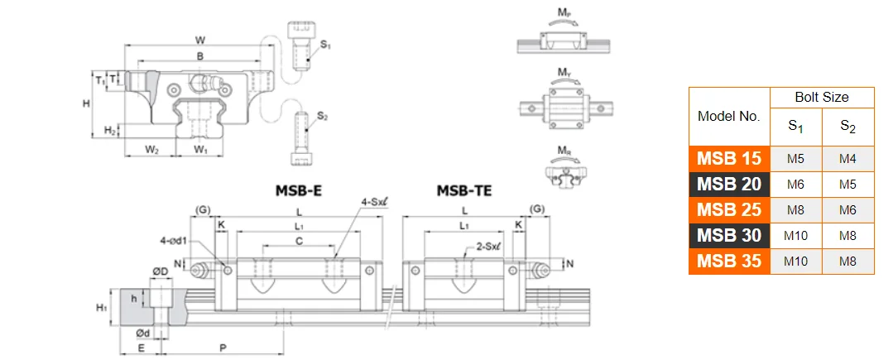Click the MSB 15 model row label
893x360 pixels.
(729, 159)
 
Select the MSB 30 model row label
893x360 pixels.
(729, 235)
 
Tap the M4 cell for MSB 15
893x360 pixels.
(847, 159)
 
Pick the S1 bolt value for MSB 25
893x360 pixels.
(795, 210)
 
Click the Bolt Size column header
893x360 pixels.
(822, 97)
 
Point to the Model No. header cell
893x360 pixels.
(729, 117)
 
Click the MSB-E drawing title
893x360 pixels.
(298, 191)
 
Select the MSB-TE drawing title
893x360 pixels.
(464, 191)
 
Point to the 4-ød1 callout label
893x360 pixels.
(176, 241)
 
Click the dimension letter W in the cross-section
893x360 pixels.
(200, 40)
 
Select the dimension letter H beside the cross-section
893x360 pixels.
(85, 103)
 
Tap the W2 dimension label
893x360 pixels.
(152, 150)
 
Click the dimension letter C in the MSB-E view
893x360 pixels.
(299, 240)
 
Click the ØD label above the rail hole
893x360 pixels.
(161, 271)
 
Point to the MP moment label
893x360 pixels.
(564, 12)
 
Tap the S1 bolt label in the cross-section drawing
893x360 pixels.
(324, 44)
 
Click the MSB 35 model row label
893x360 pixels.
(729, 261)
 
